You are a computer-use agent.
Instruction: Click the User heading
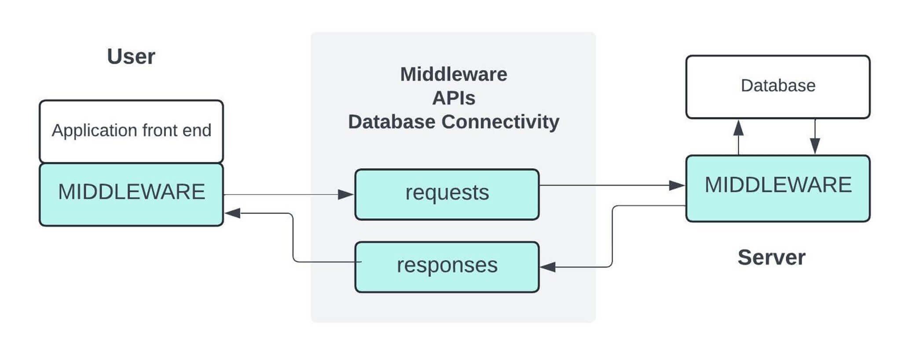131,56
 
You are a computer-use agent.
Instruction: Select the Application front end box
132,132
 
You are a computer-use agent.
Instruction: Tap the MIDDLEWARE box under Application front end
132,195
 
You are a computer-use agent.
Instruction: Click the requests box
447,194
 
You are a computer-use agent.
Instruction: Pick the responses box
447,267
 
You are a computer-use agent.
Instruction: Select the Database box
778,87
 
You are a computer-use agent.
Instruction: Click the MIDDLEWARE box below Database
778,188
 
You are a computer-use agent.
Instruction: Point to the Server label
771,257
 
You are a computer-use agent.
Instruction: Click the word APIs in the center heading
454,98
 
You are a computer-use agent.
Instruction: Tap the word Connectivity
500,121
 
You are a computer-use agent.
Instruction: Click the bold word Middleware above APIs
454,74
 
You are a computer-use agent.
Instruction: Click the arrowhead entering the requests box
346,194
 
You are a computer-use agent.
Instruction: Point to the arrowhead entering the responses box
548,267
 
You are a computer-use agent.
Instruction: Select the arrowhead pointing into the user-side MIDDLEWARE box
232,213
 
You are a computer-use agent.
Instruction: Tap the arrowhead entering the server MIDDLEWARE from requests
677,185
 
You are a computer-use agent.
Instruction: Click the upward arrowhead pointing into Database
738,128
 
